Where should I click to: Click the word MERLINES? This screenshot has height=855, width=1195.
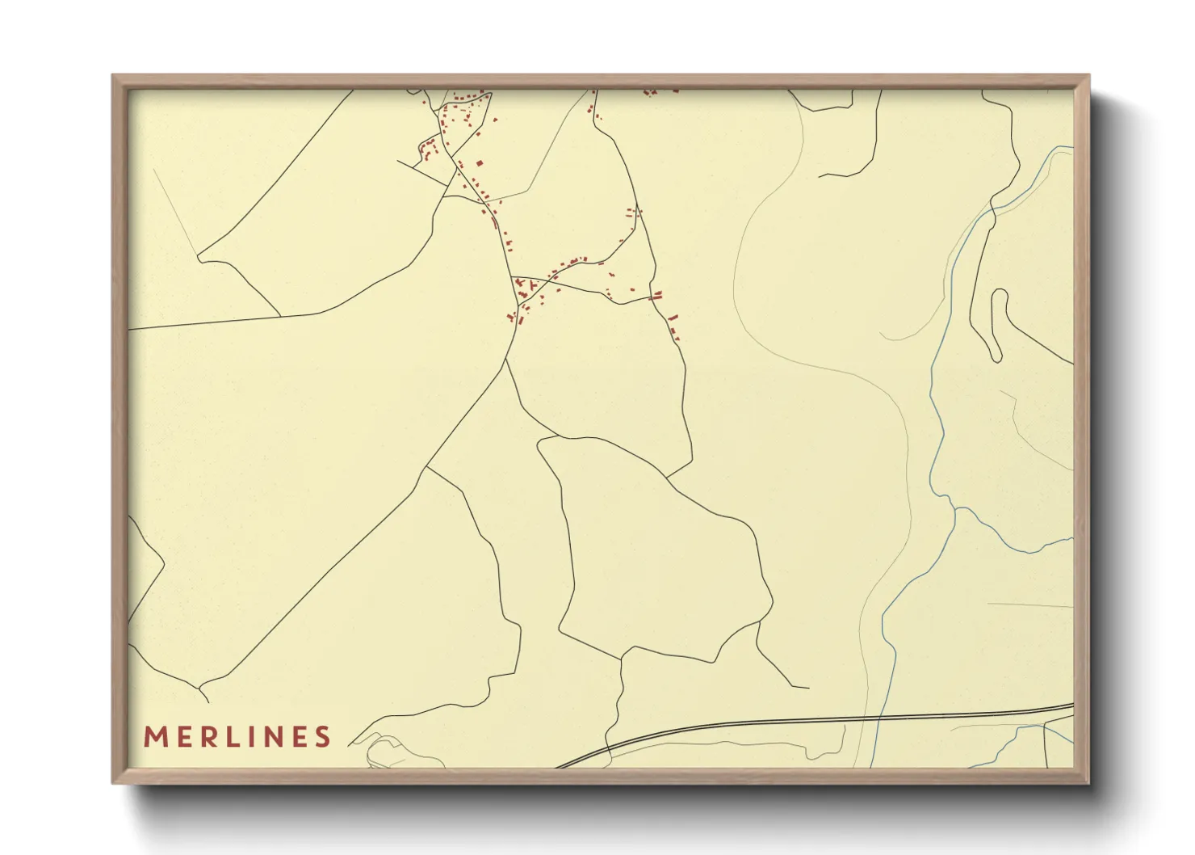(x=237, y=737)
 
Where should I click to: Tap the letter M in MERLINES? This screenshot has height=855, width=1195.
(x=154, y=737)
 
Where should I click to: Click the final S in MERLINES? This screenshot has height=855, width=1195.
(x=323, y=737)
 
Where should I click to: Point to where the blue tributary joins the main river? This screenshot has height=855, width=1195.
(x=954, y=508)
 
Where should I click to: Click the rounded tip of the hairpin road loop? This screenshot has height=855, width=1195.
(x=1000, y=292)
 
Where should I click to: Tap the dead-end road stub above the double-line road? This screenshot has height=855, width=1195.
(x=807, y=688)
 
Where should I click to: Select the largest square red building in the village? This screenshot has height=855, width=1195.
(x=479, y=163)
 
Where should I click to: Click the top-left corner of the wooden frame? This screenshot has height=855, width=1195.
(x=113, y=76)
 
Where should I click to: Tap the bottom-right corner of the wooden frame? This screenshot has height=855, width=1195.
(x=1088, y=782)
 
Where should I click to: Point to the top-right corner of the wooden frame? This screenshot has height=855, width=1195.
(x=1088, y=76)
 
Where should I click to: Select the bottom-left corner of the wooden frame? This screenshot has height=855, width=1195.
(x=113, y=782)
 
